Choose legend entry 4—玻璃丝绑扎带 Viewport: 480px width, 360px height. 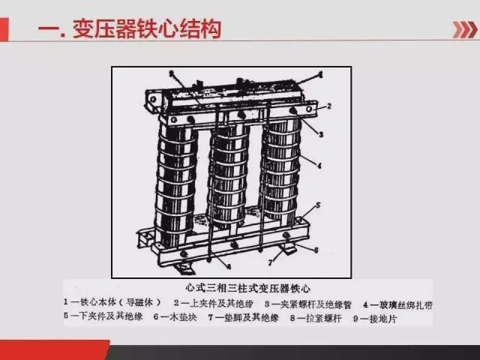(x=397, y=304)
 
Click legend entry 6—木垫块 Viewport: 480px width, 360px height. (x=177, y=317)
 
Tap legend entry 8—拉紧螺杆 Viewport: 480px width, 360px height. (x=322, y=317)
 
